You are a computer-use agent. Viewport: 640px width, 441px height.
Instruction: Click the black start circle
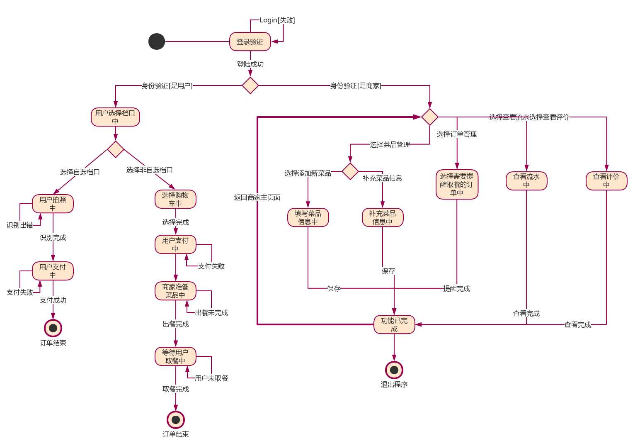(x=157, y=41)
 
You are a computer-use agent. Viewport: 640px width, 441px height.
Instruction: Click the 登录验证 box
(x=250, y=41)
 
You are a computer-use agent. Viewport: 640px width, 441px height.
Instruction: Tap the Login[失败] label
(x=277, y=20)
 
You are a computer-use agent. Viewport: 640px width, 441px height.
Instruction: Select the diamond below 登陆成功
(x=250, y=85)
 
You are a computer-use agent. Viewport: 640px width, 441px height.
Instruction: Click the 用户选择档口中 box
(x=115, y=117)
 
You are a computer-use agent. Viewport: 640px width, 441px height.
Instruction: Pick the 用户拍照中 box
(x=53, y=204)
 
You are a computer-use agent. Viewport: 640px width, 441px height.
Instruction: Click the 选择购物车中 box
(x=175, y=199)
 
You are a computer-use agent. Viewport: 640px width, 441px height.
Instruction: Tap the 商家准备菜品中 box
(x=175, y=291)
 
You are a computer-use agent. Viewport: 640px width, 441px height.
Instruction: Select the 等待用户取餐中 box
(x=175, y=356)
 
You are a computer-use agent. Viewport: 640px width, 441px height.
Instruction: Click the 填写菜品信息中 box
(x=308, y=217)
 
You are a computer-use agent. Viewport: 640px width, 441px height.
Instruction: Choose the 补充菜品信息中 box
(x=383, y=217)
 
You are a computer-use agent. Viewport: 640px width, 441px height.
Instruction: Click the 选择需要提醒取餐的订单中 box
(x=457, y=184)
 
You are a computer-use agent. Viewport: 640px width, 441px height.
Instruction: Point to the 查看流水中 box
(x=526, y=181)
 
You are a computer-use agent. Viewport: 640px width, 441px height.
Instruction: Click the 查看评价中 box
(x=606, y=181)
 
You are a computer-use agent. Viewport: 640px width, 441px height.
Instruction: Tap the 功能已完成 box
(x=394, y=324)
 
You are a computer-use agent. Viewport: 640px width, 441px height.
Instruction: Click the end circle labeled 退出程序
(x=394, y=370)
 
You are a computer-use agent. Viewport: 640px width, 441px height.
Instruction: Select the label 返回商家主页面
(x=257, y=197)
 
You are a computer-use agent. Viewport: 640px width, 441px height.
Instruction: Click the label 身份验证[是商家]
(x=356, y=86)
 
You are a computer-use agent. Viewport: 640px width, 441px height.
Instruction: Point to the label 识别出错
(x=19, y=225)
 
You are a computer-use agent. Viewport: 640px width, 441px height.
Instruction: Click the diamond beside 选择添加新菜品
(x=350, y=171)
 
